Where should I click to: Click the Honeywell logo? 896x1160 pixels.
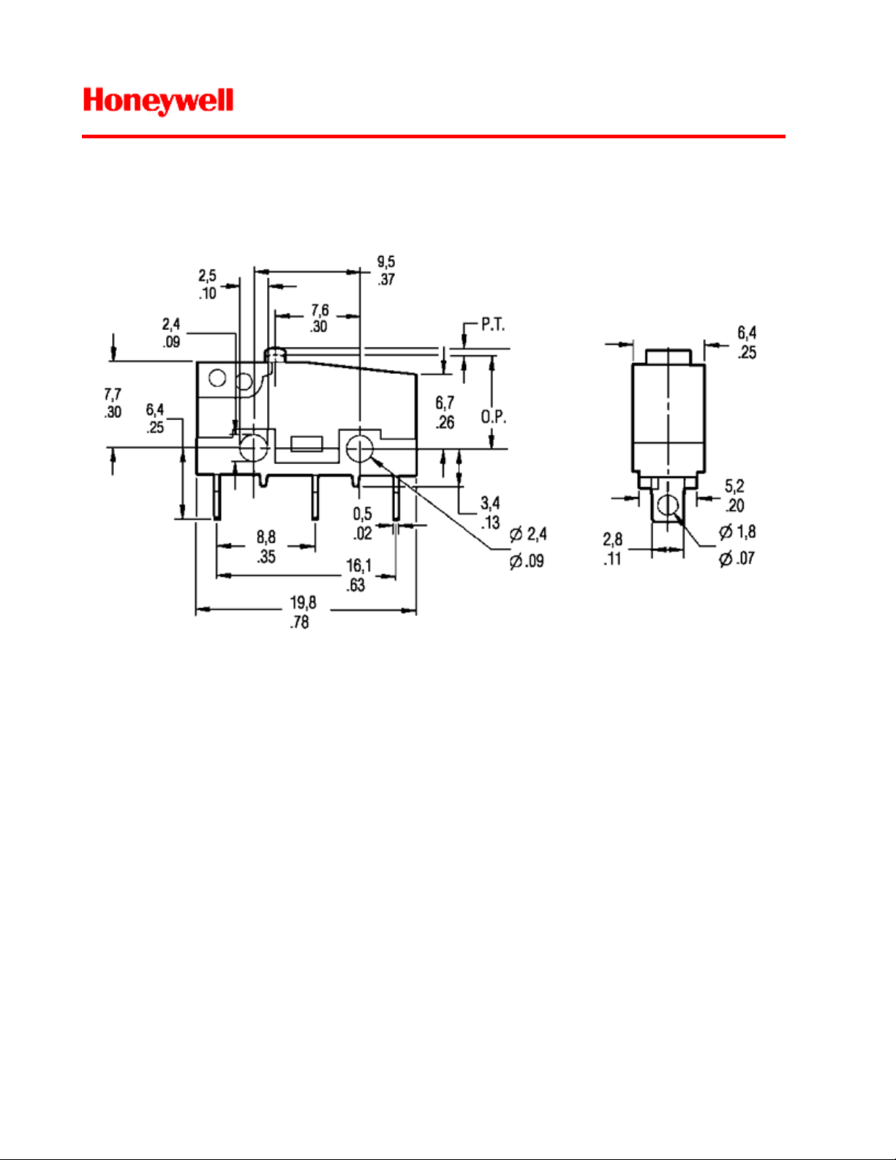159,102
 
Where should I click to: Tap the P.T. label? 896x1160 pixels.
493,324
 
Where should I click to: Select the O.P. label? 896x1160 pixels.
493,416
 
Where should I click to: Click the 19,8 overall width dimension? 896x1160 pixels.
302,602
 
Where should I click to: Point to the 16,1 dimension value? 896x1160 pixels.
358,565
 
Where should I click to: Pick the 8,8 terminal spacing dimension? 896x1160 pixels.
266,536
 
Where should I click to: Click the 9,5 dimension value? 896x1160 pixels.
386,261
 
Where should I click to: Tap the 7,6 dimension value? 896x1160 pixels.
320,310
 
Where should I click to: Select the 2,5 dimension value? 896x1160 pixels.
208,275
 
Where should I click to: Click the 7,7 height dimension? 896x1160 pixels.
113,394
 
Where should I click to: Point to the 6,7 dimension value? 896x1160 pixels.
445,403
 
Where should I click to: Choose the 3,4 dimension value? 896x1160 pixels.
490,503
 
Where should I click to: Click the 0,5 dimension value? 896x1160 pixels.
362,514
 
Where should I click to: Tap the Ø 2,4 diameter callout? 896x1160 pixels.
528,534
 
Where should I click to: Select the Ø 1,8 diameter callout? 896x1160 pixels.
737,531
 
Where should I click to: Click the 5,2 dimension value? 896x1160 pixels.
734,486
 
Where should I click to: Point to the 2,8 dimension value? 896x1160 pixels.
613,539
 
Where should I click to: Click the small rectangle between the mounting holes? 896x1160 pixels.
306,444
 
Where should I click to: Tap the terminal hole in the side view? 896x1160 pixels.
667,505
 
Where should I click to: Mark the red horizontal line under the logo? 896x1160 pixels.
433,137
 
